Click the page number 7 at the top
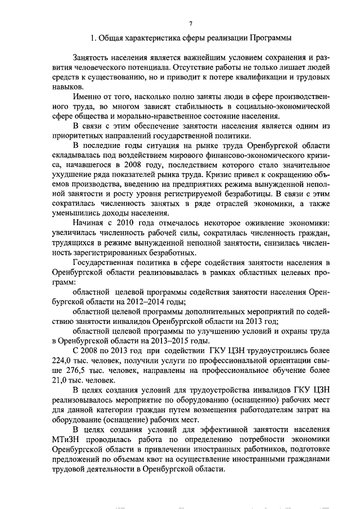191,23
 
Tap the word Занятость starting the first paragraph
93,57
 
